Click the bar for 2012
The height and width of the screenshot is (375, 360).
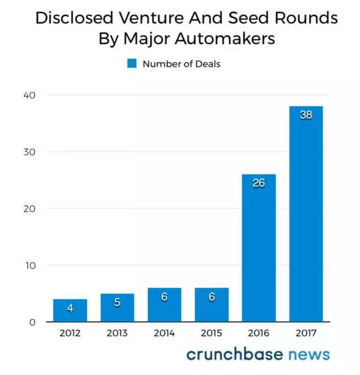pyautogui.click(x=70, y=310)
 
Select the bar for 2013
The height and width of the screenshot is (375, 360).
pyautogui.click(x=117, y=308)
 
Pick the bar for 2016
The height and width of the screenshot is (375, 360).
pyautogui.click(x=259, y=248)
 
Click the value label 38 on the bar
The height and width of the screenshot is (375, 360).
pyautogui.click(x=306, y=116)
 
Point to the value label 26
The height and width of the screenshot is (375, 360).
pyautogui.click(x=259, y=183)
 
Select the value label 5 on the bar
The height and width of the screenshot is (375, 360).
pyautogui.click(x=117, y=302)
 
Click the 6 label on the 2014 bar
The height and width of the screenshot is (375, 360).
pyautogui.click(x=164, y=297)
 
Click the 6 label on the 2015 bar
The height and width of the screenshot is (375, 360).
pyautogui.click(x=212, y=297)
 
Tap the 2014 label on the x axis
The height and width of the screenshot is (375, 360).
pyautogui.click(x=164, y=333)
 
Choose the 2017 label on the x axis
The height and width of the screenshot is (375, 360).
pyautogui.click(x=306, y=333)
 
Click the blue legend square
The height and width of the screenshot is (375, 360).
pyautogui.click(x=132, y=64)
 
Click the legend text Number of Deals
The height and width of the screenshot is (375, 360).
pyautogui.click(x=181, y=64)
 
